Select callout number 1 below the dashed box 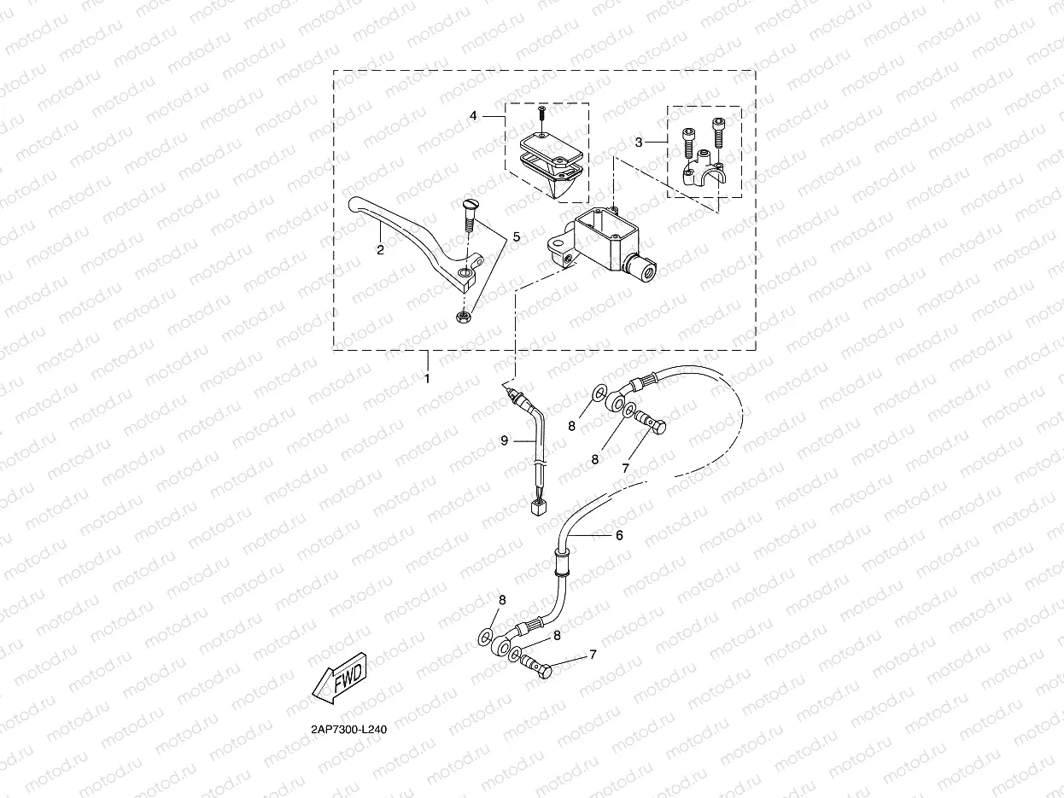pyautogui.click(x=428, y=376)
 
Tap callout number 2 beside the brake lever pyautogui.click(x=380, y=250)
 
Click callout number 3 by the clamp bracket pyautogui.click(x=639, y=143)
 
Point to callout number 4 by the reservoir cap pyautogui.click(x=472, y=114)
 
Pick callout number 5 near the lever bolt pyautogui.click(x=515, y=236)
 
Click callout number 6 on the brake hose pyautogui.click(x=619, y=535)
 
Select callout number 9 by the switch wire pyautogui.click(x=505, y=440)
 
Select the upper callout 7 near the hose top pyautogui.click(x=625, y=468)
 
